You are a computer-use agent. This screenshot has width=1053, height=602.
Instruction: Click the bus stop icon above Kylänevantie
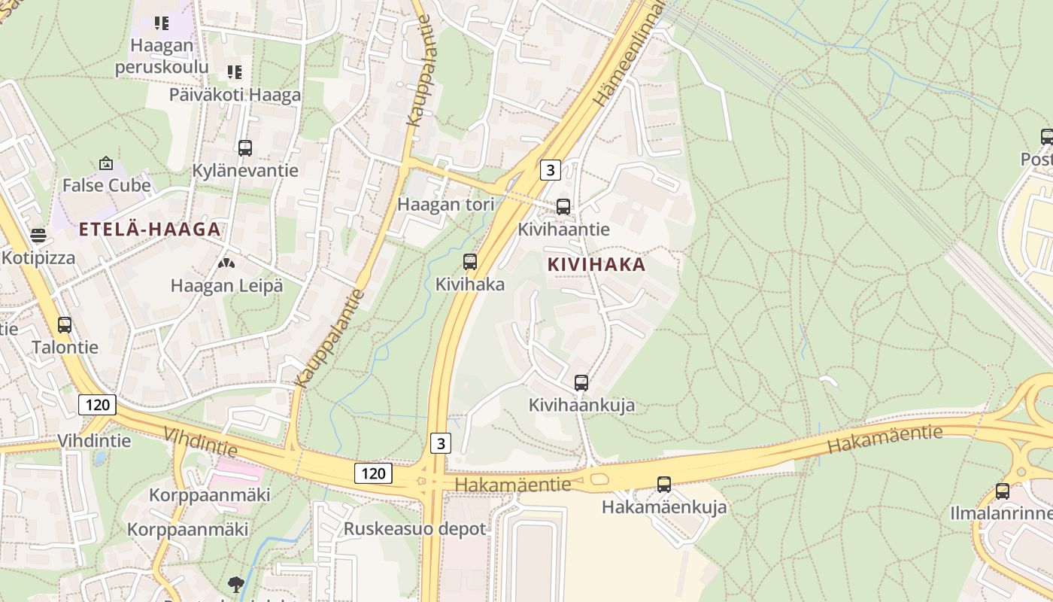point(244,148)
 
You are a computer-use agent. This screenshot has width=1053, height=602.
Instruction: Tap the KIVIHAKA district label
point(596,265)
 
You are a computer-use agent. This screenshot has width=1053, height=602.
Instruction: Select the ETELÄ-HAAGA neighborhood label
point(150,230)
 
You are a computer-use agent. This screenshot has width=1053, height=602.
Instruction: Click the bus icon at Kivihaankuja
point(581,383)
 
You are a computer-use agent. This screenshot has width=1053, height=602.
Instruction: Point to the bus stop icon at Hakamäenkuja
point(663,485)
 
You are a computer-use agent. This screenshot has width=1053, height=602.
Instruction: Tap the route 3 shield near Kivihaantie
point(550,170)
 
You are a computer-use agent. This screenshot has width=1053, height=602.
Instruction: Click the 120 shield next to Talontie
point(97,405)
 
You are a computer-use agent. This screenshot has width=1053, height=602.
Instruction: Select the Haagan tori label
point(445,204)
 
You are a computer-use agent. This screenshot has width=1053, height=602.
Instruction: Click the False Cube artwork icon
point(106,163)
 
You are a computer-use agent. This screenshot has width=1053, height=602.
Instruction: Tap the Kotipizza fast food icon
point(38,236)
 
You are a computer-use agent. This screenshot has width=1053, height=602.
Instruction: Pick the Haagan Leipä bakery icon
point(226,263)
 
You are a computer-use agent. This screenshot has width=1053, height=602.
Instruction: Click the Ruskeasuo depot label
point(414,528)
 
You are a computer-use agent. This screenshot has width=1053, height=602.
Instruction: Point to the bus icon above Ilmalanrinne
point(1002,491)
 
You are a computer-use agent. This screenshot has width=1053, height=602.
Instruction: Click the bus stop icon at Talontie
point(65,325)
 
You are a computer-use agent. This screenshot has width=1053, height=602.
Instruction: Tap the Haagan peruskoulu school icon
point(161,23)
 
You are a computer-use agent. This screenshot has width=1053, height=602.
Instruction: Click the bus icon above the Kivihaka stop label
point(470,262)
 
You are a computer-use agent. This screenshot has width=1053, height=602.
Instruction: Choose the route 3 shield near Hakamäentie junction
point(441,442)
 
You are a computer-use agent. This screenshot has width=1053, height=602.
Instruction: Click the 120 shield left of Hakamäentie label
point(373,473)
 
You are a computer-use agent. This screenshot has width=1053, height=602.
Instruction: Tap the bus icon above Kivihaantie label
point(563,206)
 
